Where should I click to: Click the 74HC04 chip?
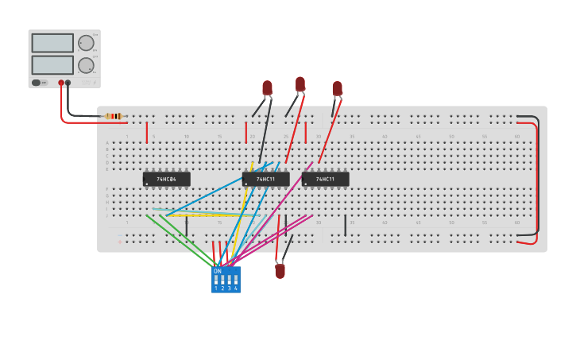point(166,179)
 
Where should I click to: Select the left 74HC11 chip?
point(265,179)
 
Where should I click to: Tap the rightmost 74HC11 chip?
point(325,179)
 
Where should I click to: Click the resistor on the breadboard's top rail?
point(114,116)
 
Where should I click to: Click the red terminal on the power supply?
point(61,83)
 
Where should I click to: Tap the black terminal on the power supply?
point(68,83)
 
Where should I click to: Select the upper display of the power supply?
point(52,43)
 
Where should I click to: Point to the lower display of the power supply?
point(52,65)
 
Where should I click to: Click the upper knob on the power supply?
point(85,44)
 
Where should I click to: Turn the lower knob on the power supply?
point(85,66)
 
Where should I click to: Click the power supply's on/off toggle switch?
point(37,83)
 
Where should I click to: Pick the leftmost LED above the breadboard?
point(267,87)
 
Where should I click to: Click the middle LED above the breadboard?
point(300,83)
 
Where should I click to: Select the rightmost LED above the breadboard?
point(337,87)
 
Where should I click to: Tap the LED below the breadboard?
point(280,271)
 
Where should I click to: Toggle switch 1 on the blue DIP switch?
point(216,280)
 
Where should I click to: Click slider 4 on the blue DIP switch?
point(236,280)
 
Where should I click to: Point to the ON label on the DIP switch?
point(218,271)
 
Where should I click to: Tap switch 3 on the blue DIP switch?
point(230,280)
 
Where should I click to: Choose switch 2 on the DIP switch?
point(222,280)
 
